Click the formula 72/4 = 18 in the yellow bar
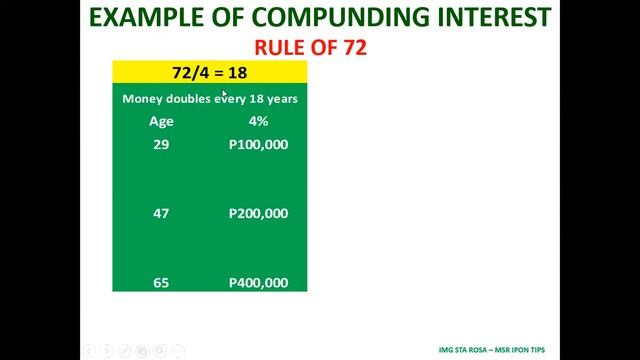(x=210, y=72)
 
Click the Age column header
(x=161, y=121)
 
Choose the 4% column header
(x=258, y=121)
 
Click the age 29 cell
(x=161, y=145)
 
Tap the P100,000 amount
(x=258, y=145)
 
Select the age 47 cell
(x=161, y=213)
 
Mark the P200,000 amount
(x=258, y=213)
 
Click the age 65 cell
(x=161, y=283)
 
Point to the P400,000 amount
(x=258, y=283)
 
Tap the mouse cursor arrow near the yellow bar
(x=225, y=93)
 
